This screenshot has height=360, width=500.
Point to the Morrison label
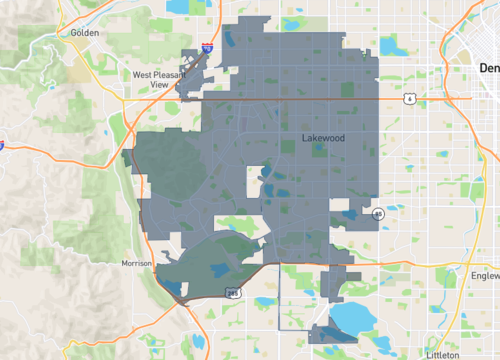[x=135, y=263]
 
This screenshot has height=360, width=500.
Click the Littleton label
[x=441, y=354]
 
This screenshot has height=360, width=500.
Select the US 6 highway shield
[x=409, y=99]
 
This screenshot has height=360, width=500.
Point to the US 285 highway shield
[x=232, y=292]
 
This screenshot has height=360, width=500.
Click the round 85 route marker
[x=378, y=214]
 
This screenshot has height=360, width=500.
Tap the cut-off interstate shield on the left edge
[x=2, y=145]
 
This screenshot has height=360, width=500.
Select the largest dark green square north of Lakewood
[x=289, y=147]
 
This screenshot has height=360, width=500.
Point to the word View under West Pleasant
[x=159, y=85]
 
